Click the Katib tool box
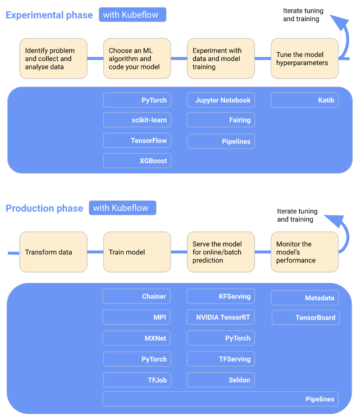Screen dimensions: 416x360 (x=305, y=100)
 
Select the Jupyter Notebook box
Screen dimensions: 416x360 (x=221, y=100)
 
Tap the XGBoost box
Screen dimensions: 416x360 (x=137, y=161)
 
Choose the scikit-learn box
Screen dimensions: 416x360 (x=137, y=120)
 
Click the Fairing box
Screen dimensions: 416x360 (x=221, y=120)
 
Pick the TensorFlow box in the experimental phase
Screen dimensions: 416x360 (x=137, y=140)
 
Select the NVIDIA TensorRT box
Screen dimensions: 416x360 (x=221, y=317)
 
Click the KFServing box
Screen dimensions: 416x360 (x=221, y=296)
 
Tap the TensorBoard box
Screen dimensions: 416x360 (x=305, y=317)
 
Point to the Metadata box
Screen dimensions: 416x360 (x=305, y=298)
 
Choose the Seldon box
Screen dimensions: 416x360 (x=221, y=380)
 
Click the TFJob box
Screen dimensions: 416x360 (x=137, y=380)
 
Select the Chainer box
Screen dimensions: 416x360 (x=137, y=296)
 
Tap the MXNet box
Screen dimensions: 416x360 (x=137, y=338)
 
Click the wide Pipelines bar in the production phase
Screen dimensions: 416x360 (x=220, y=399)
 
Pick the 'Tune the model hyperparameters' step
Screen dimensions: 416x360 (x=305, y=59)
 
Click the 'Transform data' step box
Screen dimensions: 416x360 (x=53, y=252)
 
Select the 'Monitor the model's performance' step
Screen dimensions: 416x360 (x=305, y=252)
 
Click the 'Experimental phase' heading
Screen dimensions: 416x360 (x=49, y=15)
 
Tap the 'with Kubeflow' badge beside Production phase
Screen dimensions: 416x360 (x=122, y=208)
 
